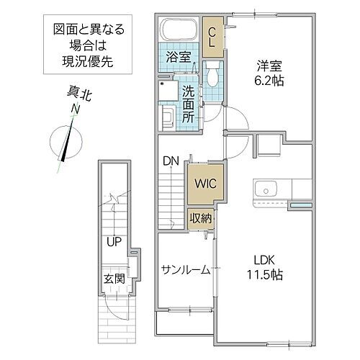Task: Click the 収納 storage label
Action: pyautogui.click(x=201, y=217)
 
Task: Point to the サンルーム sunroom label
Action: pyautogui.click(x=185, y=270)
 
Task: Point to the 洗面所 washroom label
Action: pyautogui.click(x=188, y=102)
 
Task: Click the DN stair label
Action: pyautogui.click(x=171, y=161)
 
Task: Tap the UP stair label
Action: pyautogui.click(x=114, y=243)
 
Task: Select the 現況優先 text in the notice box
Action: pyautogui.click(x=89, y=62)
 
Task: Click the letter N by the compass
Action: pyautogui.click(x=74, y=109)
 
